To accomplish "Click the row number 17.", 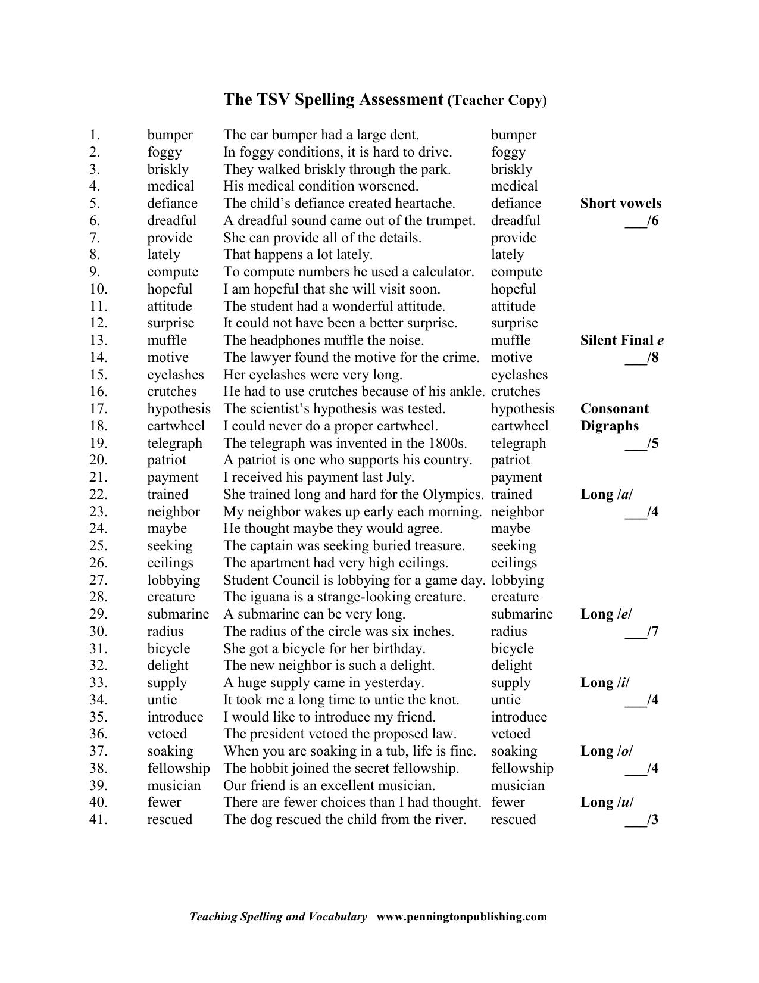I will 98,409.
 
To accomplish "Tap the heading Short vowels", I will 620,204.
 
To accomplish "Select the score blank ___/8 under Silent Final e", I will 641,358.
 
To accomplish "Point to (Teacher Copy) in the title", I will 496,101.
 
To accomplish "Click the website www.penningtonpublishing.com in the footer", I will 461,917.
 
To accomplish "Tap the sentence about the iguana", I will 344,597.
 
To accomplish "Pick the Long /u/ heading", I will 607,803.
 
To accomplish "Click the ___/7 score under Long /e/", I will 641,632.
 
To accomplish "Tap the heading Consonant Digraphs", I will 614,417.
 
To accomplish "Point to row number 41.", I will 98,820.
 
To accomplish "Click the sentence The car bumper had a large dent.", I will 321,135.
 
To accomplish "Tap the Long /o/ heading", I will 607,751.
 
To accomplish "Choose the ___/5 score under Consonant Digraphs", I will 641,444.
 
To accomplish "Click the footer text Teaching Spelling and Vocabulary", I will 278,917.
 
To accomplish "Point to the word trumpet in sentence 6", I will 451,221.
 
